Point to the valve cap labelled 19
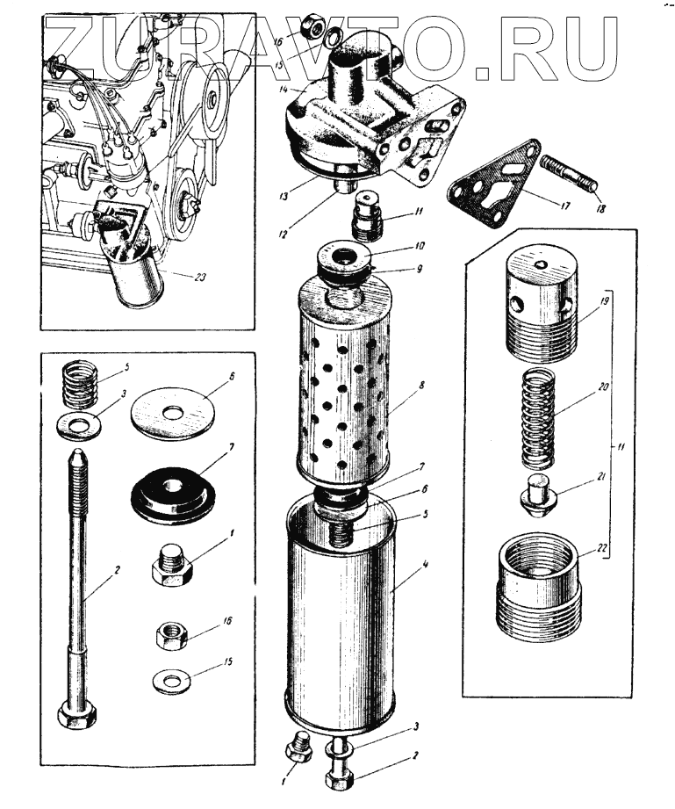[x=539, y=299]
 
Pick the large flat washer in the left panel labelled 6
[x=173, y=409]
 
